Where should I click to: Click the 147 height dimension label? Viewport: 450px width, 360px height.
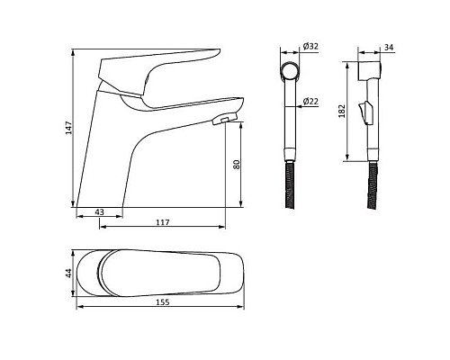tap(69, 128)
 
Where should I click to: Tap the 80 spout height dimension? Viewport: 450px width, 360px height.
tap(237, 165)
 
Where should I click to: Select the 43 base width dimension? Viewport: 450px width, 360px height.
tap(99, 212)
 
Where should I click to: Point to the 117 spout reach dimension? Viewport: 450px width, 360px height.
tap(163, 222)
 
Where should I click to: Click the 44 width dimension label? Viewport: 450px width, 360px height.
tap(69, 273)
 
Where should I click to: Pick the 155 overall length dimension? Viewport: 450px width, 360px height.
tap(163, 302)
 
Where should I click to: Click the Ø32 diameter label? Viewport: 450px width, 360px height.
tap(310, 47)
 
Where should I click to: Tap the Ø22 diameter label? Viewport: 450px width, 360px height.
tap(310, 102)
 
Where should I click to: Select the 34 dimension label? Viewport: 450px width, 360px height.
tap(389, 48)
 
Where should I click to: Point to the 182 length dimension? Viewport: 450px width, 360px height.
tap(342, 111)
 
